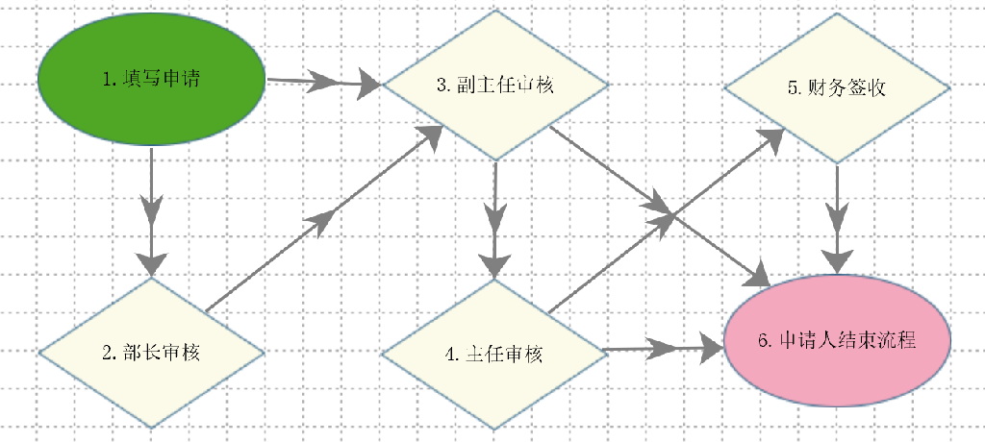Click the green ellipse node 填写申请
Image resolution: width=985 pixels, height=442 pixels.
[x=151, y=80]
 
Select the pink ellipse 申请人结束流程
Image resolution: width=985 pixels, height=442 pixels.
[x=837, y=340]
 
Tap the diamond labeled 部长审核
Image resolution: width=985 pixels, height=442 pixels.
[x=151, y=353]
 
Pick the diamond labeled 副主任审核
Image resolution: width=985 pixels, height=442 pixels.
[x=495, y=85]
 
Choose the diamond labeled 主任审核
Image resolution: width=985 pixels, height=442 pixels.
[x=494, y=355]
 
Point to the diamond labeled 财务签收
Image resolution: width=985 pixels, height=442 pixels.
[x=837, y=87]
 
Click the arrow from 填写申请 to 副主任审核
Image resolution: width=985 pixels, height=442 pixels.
[x=324, y=82]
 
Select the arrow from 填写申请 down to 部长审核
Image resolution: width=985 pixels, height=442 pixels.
[x=151, y=211]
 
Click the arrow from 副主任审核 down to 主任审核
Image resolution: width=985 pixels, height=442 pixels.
[x=495, y=220]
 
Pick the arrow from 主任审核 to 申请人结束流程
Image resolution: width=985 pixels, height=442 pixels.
[x=664, y=349]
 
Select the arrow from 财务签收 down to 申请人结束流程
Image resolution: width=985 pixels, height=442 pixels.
[x=837, y=218]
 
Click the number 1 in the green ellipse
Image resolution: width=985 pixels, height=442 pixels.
[x=107, y=79]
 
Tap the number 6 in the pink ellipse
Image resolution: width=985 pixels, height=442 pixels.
[x=763, y=340]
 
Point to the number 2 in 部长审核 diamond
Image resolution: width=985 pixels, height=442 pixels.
[x=107, y=353]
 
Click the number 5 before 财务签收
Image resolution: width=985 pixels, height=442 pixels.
[x=793, y=87]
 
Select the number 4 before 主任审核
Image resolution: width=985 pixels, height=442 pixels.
[x=450, y=355]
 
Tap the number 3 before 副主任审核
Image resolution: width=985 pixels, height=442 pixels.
[x=442, y=85]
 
